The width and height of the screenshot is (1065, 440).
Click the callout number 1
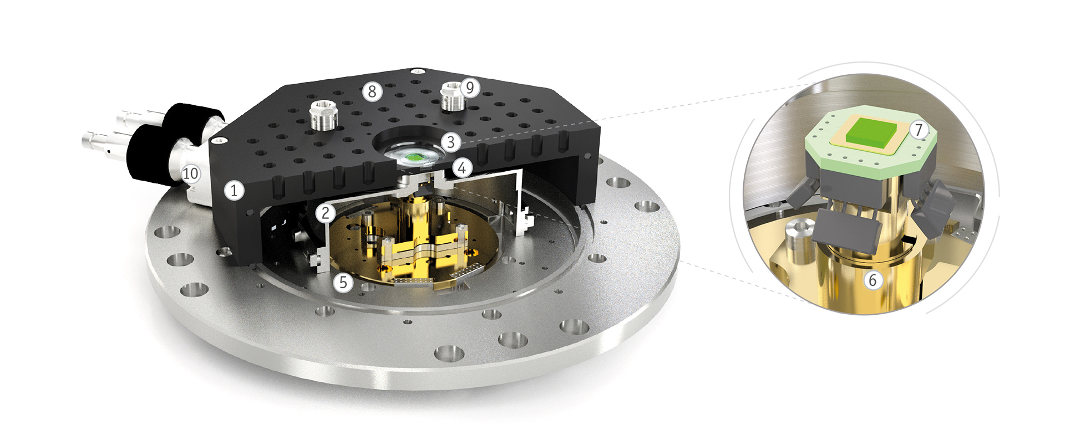pos(234,191)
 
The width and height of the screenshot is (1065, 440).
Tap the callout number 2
pos(326,212)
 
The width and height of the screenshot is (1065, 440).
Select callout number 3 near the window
pos(451,142)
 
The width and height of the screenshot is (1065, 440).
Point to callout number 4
pos(462,167)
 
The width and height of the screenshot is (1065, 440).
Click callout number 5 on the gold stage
pos(343,282)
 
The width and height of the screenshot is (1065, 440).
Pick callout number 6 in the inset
pos(873,280)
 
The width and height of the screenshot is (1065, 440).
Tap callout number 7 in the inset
pos(919,130)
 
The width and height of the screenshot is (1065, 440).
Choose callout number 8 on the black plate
pos(372,91)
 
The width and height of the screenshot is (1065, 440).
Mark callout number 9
pos(470,87)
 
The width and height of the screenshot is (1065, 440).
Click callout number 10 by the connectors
pos(190,173)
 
